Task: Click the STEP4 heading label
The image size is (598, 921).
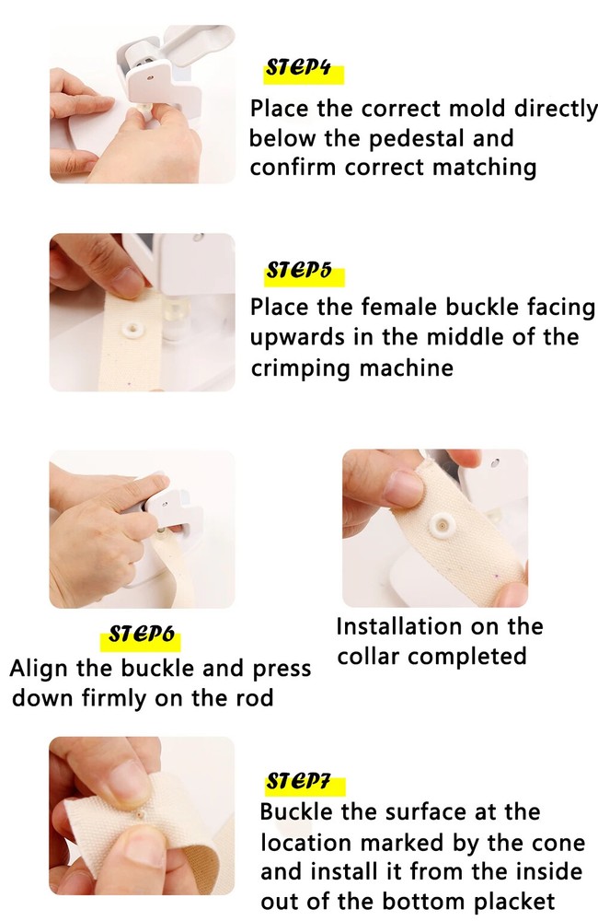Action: tap(297, 68)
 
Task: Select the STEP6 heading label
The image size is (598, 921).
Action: tap(142, 635)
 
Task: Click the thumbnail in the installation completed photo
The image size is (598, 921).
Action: tap(405, 485)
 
